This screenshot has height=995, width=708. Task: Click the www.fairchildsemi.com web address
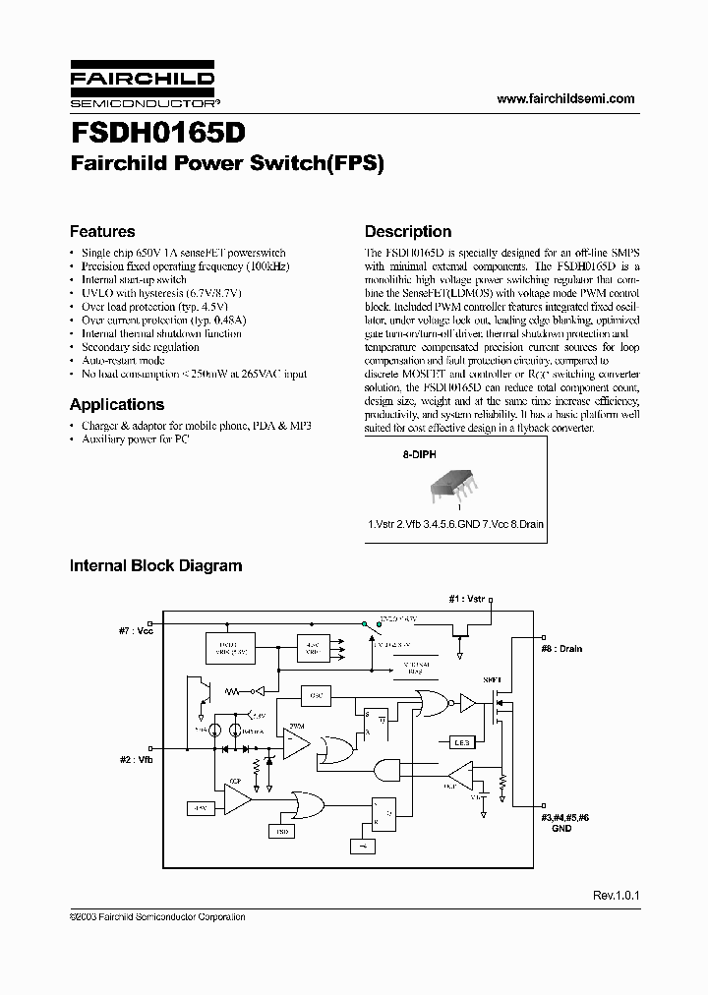(x=565, y=98)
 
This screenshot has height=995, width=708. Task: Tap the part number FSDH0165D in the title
(x=158, y=133)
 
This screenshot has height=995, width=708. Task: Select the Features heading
(x=102, y=232)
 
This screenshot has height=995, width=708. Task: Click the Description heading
(x=408, y=232)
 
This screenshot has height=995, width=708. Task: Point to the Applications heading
(x=117, y=404)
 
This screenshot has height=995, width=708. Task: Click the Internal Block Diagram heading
(x=155, y=565)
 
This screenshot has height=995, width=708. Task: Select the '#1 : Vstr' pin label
(x=467, y=598)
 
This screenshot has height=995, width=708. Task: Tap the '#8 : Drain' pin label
(x=561, y=649)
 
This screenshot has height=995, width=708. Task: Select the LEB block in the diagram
(x=461, y=741)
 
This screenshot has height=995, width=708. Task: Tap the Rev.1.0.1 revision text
(x=616, y=896)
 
